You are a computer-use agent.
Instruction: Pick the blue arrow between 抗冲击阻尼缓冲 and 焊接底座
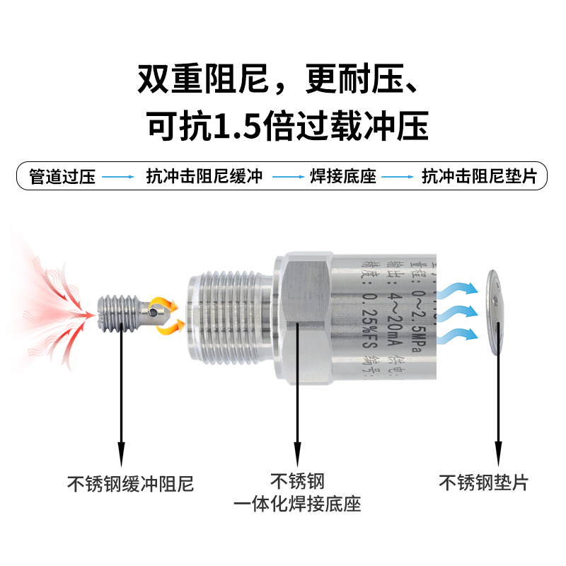[x=288, y=177]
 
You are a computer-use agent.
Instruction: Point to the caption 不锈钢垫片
[x=484, y=483]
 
